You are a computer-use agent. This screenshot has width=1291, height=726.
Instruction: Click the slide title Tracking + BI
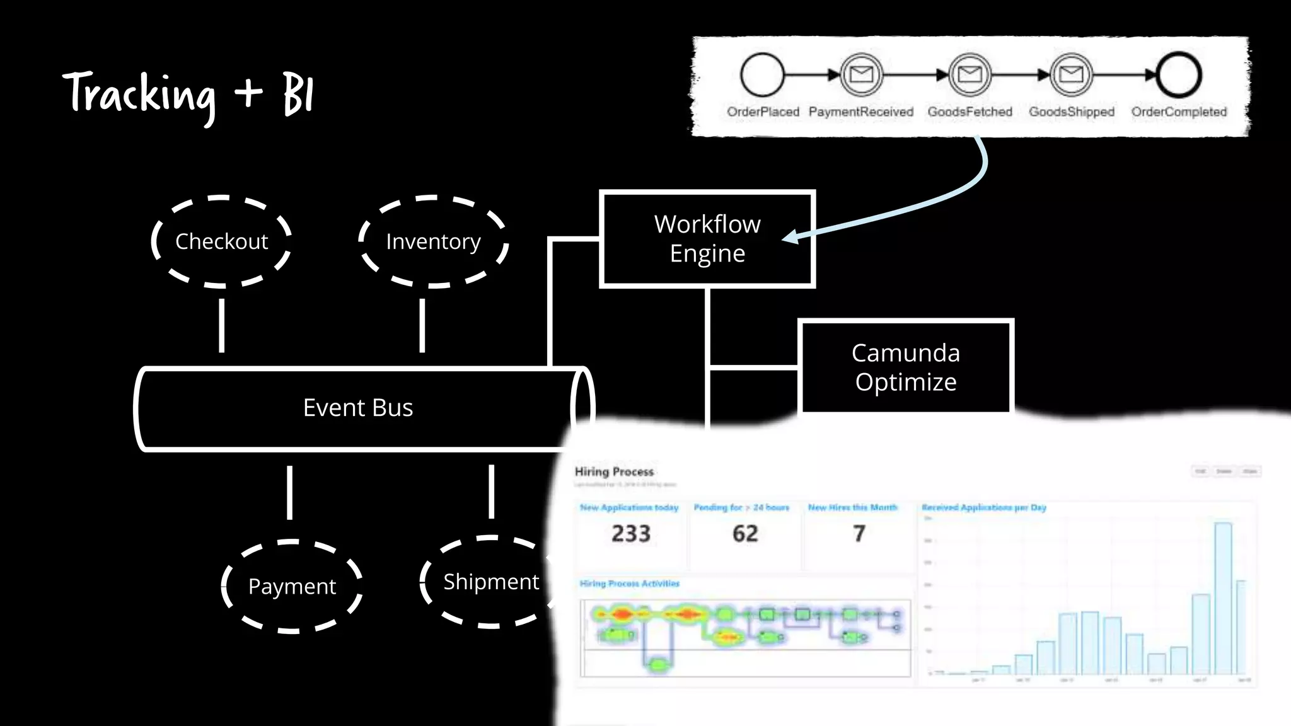pyautogui.click(x=188, y=95)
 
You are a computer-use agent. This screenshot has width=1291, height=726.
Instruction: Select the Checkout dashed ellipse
pyautogui.click(x=221, y=241)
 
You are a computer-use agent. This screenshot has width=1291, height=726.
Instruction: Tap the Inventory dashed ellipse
pyautogui.click(x=433, y=241)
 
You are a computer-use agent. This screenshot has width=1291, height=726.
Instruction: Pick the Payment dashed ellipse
pyautogui.click(x=292, y=586)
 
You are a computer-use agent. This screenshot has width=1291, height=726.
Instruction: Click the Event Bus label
pyautogui.click(x=358, y=408)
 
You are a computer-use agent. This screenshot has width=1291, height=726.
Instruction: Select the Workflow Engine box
pyautogui.click(x=707, y=239)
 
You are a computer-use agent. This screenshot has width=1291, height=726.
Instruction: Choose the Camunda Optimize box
pyautogui.click(x=905, y=367)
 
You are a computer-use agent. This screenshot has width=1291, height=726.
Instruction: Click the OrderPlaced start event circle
pyautogui.click(x=762, y=75)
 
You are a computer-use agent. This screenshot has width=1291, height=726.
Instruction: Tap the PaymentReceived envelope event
pyautogui.click(x=861, y=75)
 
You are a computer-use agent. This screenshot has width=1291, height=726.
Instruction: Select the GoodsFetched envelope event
pyautogui.click(x=970, y=75)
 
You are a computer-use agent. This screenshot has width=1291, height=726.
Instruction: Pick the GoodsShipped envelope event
pyautogui.click(x=1071, y=75)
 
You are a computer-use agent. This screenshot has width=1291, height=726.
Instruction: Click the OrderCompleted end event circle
pyautogui.click(x=1178, y=75)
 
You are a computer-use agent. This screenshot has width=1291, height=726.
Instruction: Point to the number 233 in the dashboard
pyautogui.click(x=630, y=534)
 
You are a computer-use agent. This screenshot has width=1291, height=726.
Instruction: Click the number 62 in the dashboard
pyautogui.click(x=745, y=534)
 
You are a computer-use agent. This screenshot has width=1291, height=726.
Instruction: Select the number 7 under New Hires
pyautogui.click(x=859, y=534)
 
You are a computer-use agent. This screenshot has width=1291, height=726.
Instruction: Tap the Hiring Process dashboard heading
pyautogui.click(x=614, y=471)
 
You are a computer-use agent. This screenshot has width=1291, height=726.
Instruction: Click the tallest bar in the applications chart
pyautogui.click(x=1223, y=599)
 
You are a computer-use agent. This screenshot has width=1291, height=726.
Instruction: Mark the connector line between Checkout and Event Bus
pyautogui.click(x=221, y=325)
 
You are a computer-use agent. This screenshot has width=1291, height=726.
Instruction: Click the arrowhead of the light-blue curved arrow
pyautogui.click(x=789, y=238)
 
